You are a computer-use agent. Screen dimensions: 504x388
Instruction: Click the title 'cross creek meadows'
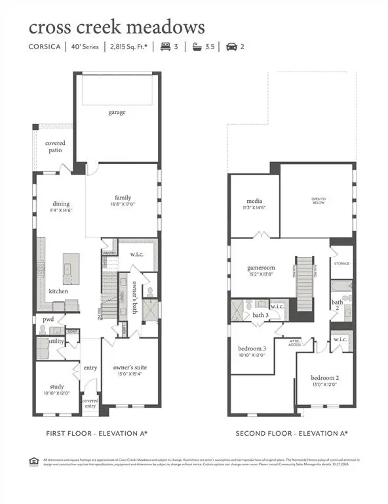coord(117,28)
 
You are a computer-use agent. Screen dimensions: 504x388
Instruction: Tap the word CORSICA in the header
coord(44,47)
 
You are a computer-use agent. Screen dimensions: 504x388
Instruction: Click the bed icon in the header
coord(166,47)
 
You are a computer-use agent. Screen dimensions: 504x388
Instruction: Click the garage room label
coord(117,112)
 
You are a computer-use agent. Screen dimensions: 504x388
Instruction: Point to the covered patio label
coord(55,146)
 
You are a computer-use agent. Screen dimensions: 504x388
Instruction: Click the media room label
coord(255,201)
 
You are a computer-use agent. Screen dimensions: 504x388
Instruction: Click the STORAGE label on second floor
coord(341,264)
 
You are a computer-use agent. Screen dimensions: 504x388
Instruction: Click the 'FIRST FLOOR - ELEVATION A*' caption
coord(96,434)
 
